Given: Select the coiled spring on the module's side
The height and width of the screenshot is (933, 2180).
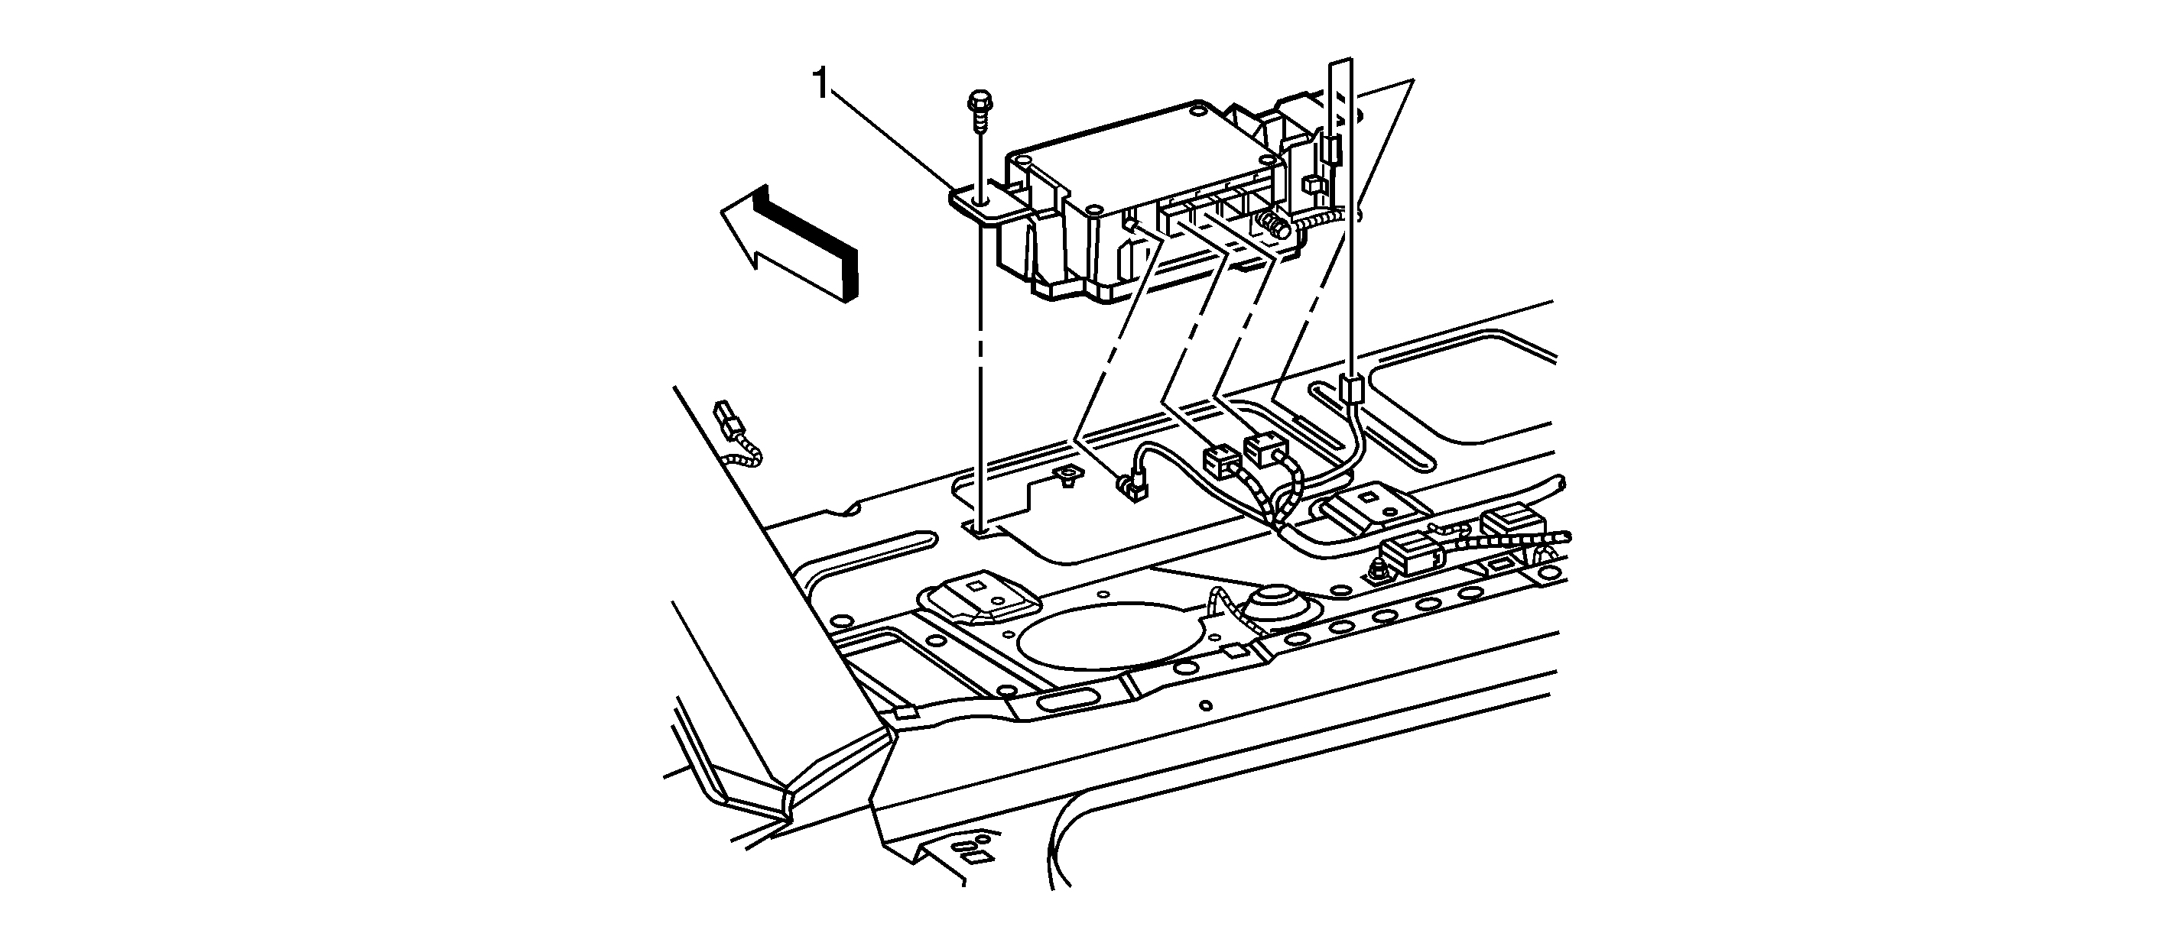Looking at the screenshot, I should (x=1272, y=225).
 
